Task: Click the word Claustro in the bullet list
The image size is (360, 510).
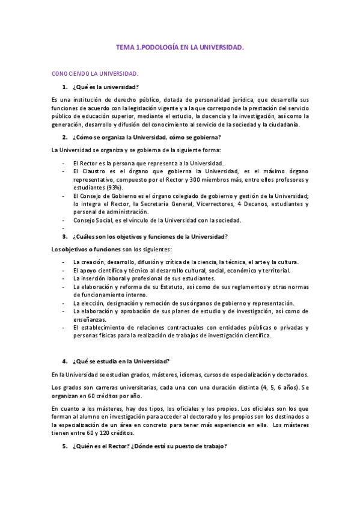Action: point(91,171)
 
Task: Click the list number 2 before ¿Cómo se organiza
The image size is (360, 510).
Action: point(64,137)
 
